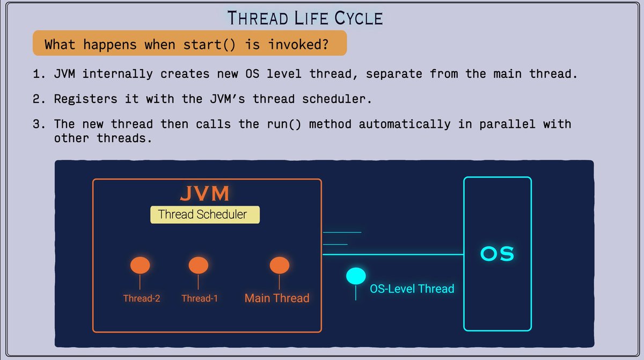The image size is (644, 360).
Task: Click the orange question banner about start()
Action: (x=189, y=44)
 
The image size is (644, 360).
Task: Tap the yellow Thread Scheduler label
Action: (x=204, y=215)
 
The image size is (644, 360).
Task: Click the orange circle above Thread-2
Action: (x=140, y=265)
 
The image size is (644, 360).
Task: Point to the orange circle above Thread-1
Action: (x=198, y=265)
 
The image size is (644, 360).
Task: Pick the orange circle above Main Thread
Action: (x=280, y=265)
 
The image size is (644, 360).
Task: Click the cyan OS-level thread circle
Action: (x=355, y=276)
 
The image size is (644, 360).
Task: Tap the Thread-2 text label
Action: (x=142, y=298)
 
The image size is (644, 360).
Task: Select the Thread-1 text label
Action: (x=200, y=298)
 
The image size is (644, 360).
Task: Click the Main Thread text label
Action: (x=277, y=298)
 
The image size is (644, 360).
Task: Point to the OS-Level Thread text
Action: (x=412, y=289)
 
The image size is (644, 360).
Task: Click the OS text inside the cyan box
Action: (x=497, y=254)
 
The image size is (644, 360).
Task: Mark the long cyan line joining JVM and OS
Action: (x=392, y=254)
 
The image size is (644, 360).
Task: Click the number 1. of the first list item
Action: (x=39, y=74)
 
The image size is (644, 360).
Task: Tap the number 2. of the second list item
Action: (x=39, y=99)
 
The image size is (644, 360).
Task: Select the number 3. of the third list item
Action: (x=39, y=124)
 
